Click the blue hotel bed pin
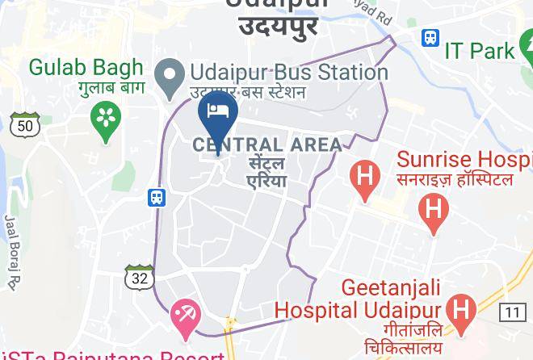216,114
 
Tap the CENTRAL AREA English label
266,145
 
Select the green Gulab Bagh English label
86,66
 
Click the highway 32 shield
140,277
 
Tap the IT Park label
480,51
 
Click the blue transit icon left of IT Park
430,37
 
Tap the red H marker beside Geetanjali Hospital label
461,312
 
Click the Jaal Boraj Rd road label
10,250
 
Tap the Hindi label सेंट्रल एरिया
266,172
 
